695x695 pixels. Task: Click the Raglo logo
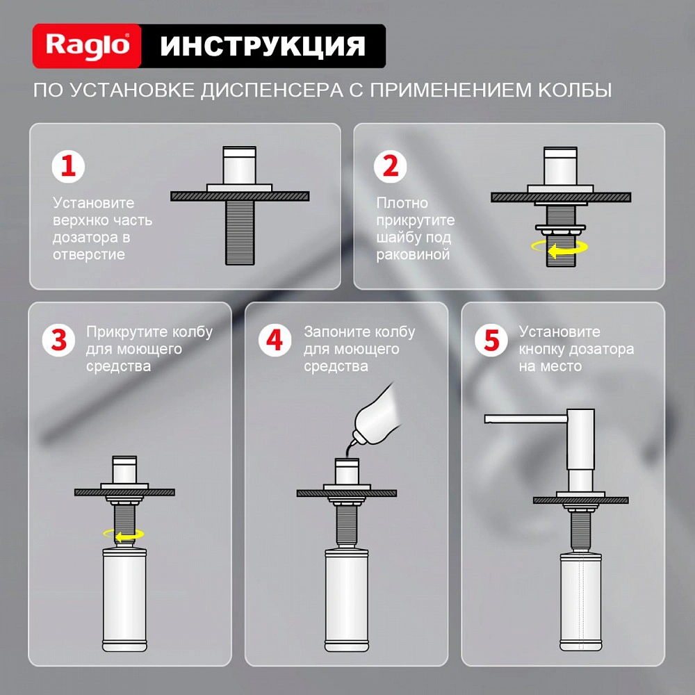coord(88,47)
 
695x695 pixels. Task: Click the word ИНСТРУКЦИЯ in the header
coord(263,47)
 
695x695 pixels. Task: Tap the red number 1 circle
coord(69,167)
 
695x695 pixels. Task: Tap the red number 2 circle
coord(391,167)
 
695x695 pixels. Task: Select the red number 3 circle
coord(60,341)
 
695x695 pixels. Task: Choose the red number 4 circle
coord(276,341)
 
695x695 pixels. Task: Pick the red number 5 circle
coord(492,341)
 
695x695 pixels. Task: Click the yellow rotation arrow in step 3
coord(124,534)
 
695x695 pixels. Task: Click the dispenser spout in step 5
coord(525,418)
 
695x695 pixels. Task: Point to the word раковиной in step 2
coord(414,254)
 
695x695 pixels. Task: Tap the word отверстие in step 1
coord(89,254)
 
